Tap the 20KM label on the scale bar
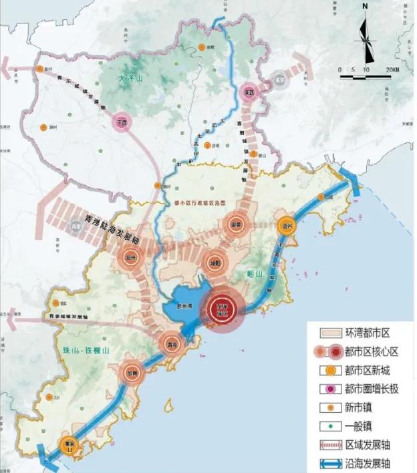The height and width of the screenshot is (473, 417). coord(392,70)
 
